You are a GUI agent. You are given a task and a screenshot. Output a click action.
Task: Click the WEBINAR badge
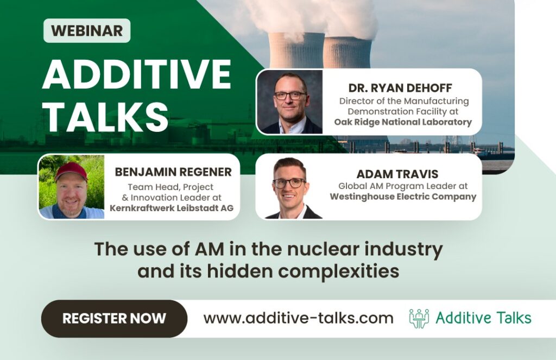[x=87, y=30]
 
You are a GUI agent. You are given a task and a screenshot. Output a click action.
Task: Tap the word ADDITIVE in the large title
[x=136, y=74]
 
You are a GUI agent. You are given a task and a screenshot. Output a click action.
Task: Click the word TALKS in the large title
[x=106, y=115]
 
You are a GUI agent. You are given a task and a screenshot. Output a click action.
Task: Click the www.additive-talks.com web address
[x=298, y=318]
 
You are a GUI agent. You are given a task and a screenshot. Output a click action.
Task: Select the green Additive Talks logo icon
[x=419, y=318]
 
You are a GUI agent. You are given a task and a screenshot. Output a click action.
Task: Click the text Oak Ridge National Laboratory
[x=403, y=122]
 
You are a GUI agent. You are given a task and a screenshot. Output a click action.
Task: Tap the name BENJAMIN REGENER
[x=173, y=172]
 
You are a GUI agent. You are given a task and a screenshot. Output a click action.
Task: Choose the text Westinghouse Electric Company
[x=403, y=197]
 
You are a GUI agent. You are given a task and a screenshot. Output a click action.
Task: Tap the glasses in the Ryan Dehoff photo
[x=290, y=95]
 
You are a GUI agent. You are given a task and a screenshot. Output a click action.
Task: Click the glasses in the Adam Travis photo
[x=289, y=182]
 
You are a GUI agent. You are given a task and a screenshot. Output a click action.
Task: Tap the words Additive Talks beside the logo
[x=484, y=318]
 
